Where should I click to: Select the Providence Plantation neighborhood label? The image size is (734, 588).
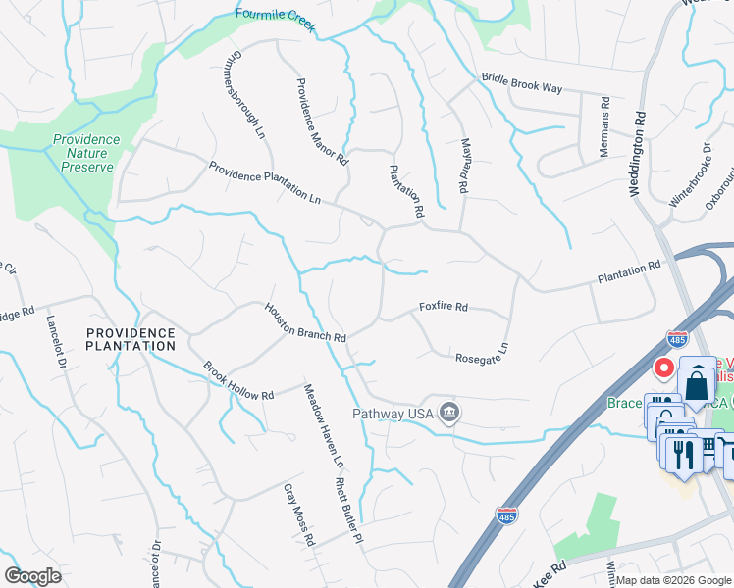pyautogui.click(x=131, y=339)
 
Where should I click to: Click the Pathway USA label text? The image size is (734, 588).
pyautogui.click(x=393, y=414)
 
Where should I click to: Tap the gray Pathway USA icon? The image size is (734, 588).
pyautogui.click(x=448, y=411)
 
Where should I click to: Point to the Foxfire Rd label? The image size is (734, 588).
pyautogui.click(x=444, y=307)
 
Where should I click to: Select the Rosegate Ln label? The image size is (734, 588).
pyautogui.click(x=483, y=353)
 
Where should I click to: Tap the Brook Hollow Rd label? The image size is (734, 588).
pyautogui.click(x=238, y=381)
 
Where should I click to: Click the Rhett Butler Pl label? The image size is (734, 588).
pyautogui.click(x=348, y=512)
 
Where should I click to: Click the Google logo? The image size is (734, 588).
pyautogui.click(x=32, y=576)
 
